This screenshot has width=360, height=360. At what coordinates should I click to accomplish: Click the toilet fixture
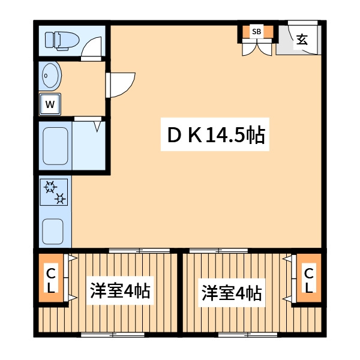[x=64, y=40]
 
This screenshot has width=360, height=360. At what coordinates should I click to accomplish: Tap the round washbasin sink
[x=50, y=76]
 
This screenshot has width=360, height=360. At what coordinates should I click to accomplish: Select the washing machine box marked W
[x=51, y=104]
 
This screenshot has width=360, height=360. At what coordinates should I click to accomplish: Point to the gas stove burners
[x=55, y=192]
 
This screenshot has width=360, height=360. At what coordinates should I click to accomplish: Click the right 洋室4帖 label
[x=231, y=293]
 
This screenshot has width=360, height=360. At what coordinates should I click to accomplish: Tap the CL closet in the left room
[x=52, y=280]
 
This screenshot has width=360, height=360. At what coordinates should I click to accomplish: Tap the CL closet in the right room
[x=309, y=280]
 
